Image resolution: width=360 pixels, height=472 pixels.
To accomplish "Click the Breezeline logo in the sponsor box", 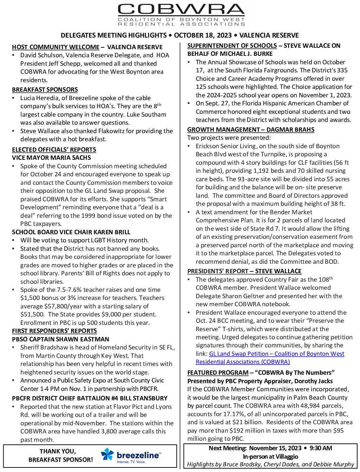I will (x=131, y=455).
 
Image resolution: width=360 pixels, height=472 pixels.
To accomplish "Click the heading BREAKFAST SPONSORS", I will (x=45, y=90).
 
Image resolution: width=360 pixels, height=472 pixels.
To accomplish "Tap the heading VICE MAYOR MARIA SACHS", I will (x=51, y=158).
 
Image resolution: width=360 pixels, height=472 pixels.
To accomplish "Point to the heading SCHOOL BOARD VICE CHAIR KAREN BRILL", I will (x=71, y=232).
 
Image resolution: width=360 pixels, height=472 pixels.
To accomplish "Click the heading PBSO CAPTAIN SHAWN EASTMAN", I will (x=60, y=339).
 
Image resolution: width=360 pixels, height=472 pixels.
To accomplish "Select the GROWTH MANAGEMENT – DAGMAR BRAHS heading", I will (x=251, y=130).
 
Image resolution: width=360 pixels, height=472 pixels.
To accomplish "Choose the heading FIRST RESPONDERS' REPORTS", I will (x=54, y=331).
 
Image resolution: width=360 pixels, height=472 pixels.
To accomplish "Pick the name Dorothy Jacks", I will (x=313, y=381).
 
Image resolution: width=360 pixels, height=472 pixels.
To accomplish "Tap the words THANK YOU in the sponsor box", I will (x=57, y=451).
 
